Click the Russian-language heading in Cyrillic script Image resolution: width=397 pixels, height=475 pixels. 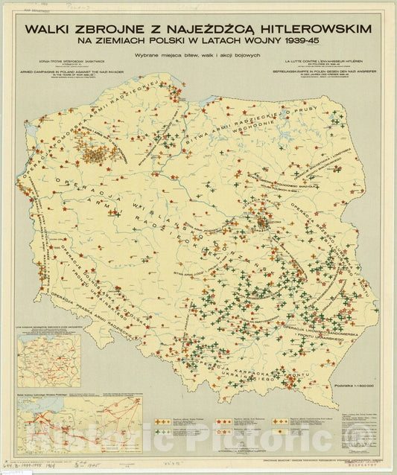[63, 62]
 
